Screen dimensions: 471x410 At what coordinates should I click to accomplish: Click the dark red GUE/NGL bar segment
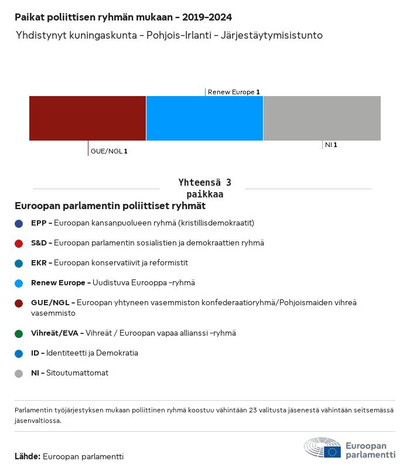click(87, 118)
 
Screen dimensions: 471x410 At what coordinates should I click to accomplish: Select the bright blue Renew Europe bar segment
click(204, 118)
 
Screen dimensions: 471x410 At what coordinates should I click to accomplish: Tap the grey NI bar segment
click(322, 118)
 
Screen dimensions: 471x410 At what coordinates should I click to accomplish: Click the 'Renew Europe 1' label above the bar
click(234, 92)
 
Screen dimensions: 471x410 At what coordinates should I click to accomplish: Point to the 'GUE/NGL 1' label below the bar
click(109, 151)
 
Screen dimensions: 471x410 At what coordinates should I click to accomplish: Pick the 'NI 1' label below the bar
click(331, 145)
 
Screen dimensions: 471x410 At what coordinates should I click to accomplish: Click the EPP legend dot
click(19, 223)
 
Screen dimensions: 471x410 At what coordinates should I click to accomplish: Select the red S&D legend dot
click(19, 243)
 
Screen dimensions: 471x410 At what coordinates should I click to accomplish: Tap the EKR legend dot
click(19, 263)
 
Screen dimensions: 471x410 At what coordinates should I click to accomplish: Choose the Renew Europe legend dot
click(19, 283)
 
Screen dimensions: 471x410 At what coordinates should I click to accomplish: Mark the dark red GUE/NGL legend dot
click(19, 303)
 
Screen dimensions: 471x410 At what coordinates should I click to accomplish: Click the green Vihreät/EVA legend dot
click(19, 333)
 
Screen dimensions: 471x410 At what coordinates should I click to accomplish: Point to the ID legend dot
click(19, 353)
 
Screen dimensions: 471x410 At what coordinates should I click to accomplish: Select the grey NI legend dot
click(19, 373)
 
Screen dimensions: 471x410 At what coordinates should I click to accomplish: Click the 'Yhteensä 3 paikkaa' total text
click(204, 188)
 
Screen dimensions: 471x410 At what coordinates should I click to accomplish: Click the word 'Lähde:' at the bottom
click(28, 456)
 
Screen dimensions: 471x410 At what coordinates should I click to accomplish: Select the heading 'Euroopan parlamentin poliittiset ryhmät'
click(110, 206)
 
